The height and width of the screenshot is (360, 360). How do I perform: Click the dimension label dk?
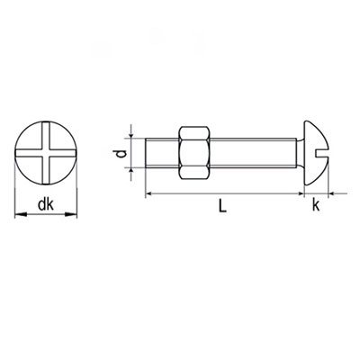[x=46, y=205]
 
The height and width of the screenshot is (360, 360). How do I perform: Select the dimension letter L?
[x=222, y=206]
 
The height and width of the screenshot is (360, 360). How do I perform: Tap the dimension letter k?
[x=316, y=205]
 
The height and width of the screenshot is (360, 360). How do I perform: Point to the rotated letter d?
[x=121, y=154]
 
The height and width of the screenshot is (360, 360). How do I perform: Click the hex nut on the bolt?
[x=194, y=153]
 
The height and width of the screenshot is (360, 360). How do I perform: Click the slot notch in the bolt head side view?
[x=322, y=153]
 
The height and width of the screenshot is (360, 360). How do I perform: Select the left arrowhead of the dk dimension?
[x=21, y=214]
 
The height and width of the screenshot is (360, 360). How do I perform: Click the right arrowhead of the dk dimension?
[x=71, y=214]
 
